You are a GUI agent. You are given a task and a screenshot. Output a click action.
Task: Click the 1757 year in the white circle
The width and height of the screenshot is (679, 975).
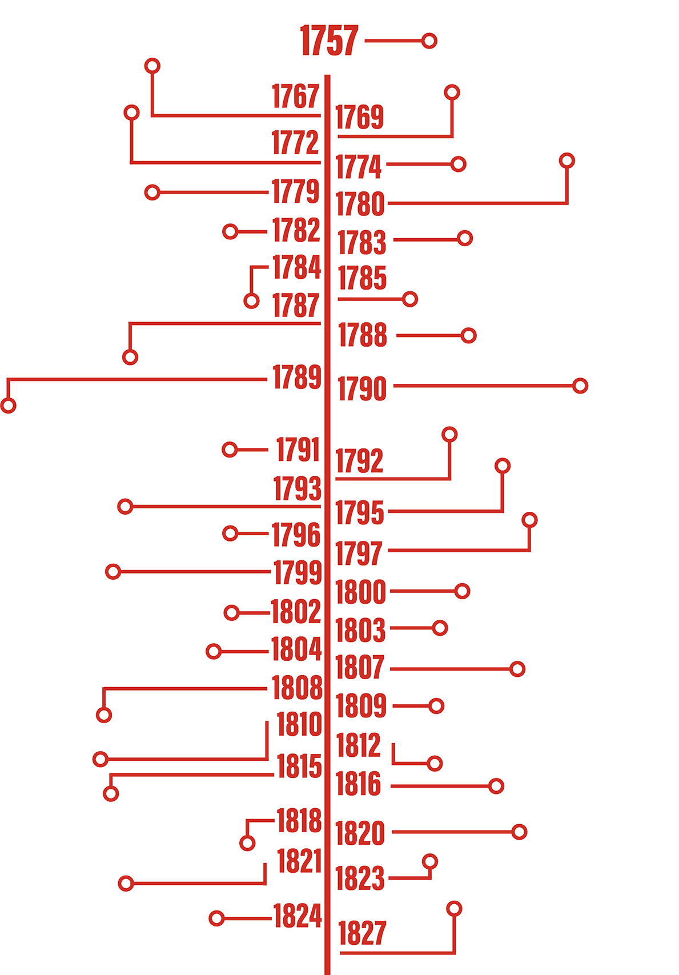(328, 41)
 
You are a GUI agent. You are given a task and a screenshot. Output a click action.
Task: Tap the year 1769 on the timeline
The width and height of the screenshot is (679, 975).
(360, 117)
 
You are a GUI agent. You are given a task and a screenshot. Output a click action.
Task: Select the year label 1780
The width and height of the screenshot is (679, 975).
(360, 204)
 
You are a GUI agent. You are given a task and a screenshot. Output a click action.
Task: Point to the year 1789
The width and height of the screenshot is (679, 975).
(296, 377)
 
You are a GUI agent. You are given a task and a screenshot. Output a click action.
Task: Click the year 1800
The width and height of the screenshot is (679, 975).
(360, 591)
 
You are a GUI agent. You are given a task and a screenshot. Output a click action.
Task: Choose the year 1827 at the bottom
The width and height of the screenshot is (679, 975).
(362, 933)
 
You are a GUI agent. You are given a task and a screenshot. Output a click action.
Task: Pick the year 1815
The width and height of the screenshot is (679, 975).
(300, 766)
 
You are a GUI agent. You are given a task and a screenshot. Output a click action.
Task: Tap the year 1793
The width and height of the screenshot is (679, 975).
(297, 488)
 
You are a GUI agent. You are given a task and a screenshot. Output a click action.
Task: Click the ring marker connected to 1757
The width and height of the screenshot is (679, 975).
(428, 41)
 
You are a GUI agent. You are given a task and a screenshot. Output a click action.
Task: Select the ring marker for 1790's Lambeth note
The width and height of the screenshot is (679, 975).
(580, 386)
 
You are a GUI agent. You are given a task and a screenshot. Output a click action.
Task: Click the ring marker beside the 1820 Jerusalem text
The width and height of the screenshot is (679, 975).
(519, 831)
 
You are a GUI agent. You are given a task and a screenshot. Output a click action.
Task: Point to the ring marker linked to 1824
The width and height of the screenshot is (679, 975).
(217, 918)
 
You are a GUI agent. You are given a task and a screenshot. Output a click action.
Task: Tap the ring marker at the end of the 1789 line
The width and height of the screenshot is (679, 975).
(8, 406)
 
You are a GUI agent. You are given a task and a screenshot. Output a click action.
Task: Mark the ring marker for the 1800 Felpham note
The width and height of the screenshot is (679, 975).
(462, 591)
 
